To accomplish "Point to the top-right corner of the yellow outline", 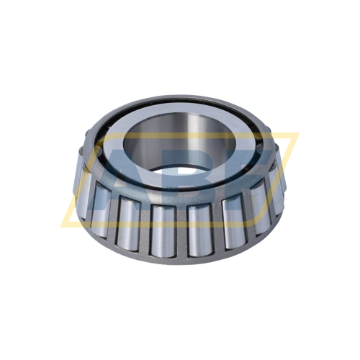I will click(x=296, y=134).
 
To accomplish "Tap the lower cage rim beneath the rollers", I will click(x=180, y=256).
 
